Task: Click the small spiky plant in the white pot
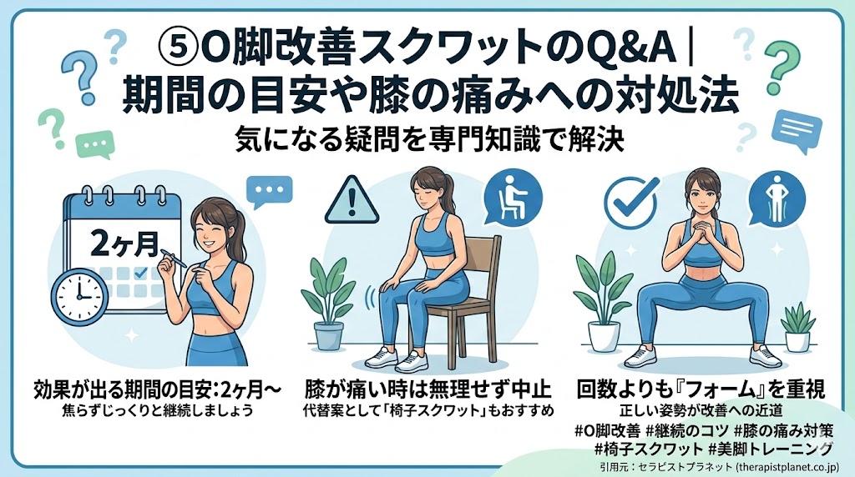coord(797,327)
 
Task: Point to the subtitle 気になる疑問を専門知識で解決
coord(429,140)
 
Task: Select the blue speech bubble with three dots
coord(270,192)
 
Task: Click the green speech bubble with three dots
coord(95,144)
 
